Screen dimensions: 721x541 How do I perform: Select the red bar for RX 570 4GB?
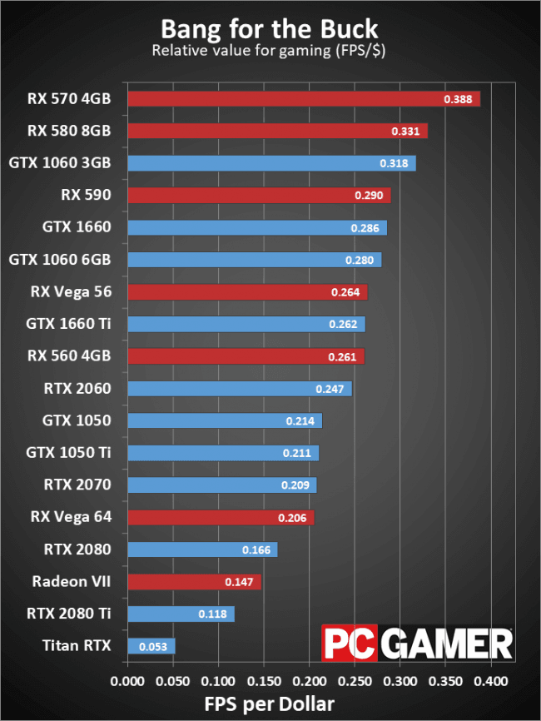(304, 99)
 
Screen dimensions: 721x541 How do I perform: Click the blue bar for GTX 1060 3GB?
(271, 163)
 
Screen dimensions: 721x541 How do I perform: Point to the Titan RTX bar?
(151, 646)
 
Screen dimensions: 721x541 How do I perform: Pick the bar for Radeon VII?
(194, 582)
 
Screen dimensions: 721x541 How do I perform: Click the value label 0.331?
(406, 132)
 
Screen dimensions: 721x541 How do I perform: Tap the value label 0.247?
(331, 389)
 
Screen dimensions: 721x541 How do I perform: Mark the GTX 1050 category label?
(77, 420)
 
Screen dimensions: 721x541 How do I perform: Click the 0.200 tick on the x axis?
(309, 681)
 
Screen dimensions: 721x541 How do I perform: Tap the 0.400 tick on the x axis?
(490, 681)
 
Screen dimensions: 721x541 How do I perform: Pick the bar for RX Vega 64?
(221, 517)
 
